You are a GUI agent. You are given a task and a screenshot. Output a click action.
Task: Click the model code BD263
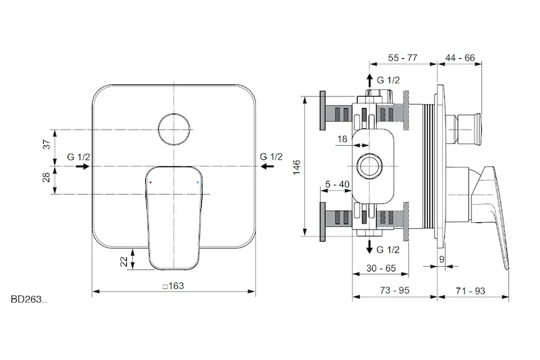(29, 299)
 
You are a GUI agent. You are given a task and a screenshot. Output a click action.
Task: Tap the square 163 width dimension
(173, 286)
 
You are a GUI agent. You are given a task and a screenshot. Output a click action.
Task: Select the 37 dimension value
(47, 144)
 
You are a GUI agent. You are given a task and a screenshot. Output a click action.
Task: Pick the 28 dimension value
(47, 177)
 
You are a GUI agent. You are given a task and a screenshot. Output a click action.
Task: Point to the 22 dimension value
(124, 261)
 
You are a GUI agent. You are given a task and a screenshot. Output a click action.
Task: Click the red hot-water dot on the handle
(151, 182)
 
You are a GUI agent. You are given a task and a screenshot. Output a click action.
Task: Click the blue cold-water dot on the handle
(197, 182)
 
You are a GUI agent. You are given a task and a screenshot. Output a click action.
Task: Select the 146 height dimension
(296, 167)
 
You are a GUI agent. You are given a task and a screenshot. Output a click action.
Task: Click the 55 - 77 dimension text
(402, 57)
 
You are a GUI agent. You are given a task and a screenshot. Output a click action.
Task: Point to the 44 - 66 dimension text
(460, 57)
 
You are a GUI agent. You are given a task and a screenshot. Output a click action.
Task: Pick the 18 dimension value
(342, 139)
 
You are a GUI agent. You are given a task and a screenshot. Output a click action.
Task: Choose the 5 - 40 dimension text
(337, 184)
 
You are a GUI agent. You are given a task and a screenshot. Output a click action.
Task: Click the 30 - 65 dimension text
(381, 268)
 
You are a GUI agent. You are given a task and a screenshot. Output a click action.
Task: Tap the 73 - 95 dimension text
(395, 290)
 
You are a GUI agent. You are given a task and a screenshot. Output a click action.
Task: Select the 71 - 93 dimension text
(470, 291)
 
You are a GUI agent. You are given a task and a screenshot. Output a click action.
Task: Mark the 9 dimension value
(442, 259)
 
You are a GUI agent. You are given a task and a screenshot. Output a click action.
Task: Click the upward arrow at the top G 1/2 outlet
(369, 80)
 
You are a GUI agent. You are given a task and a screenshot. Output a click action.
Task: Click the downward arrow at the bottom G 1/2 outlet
(369, 247)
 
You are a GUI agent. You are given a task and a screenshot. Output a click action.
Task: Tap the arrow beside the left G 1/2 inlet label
(82, 166)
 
